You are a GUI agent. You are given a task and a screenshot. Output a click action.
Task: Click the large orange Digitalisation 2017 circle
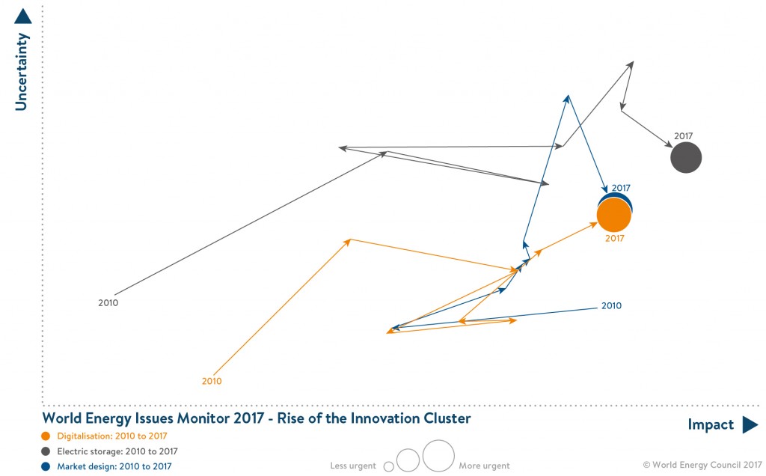pyautogui.click(x=614, y=216)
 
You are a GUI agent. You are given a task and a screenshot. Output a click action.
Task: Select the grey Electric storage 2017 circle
pyautogui.click(x=686, y=158)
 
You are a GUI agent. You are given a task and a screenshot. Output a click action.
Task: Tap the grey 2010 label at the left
pyautogui.click(x=108, y=303)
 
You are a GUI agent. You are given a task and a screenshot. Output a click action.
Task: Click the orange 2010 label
pyautogui.click(x=212, y=381)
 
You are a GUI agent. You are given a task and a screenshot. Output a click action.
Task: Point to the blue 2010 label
pyautogui.click(x=611, y=306)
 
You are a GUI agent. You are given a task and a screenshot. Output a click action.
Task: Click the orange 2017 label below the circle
pyautogui.click(x=614, y=239)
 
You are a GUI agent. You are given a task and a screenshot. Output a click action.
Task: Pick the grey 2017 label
pyautogui.click(x=683, y=136)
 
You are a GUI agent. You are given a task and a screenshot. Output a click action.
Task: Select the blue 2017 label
pyautogui.click(x=621, y=188)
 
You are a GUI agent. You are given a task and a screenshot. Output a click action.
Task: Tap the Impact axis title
pyautogui.click(x=711, y=425)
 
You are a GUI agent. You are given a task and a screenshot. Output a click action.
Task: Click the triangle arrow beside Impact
pyautogui.click(x=750, y=425)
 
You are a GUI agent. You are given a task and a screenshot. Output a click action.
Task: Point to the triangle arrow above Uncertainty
pyautogui.click(x=22, y=16)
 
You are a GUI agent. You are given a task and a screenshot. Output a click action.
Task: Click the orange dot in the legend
pyautogui.click(x=46, y=436)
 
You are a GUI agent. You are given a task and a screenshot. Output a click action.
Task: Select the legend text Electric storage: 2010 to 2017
pyautogui.click(x=117, y=452)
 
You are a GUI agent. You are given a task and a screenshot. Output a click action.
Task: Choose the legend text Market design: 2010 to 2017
pyautogui.click(x=114, y=466)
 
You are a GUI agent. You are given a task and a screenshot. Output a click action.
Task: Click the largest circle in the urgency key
pyautogui.click(x=438, y=455)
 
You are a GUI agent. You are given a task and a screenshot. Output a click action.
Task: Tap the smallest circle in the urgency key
pyautogui.click(x=388, y=466)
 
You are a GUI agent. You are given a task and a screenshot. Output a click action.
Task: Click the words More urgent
pyautogui.click(x=484, y=466)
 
